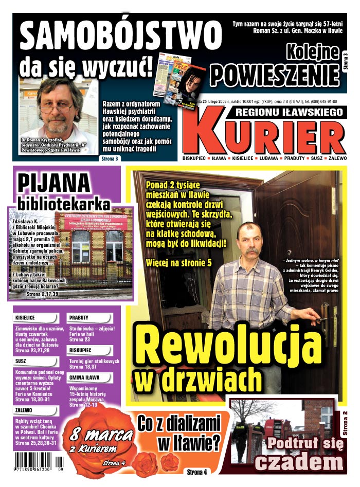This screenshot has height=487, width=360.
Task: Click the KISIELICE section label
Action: point(25,318)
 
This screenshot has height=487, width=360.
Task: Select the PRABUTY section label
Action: point(79,318)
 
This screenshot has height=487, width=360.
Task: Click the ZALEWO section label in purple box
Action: point(24,410)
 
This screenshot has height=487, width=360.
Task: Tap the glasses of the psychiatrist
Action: point(58,108)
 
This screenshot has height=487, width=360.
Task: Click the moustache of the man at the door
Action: point(250,251)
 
